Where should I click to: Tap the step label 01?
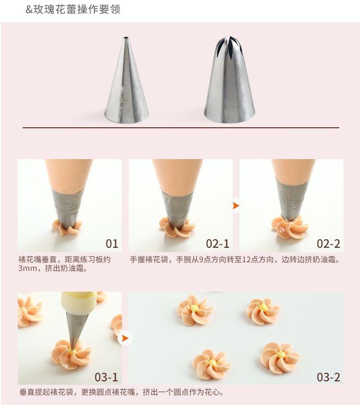(112, 243)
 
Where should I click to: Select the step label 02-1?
(217, 243)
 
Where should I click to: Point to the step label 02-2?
(328, 243)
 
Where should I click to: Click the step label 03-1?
(106, 377)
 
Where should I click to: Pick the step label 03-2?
(328, 377)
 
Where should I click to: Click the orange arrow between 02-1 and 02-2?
(236, 205)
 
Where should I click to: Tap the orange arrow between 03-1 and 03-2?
(125, 338)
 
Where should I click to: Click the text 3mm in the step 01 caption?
(27, 268)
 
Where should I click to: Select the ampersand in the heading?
(29, 10)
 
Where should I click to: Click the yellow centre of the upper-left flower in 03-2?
(194, 309)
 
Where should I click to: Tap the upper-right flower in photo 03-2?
(263, 311)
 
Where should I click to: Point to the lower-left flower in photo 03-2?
(211, 364)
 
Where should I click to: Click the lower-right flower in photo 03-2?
(280, 357)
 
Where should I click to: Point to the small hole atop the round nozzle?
(126, 38)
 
